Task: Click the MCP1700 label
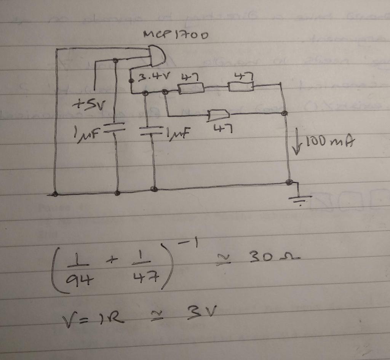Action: click(176, 35)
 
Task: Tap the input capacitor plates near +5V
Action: click(115, 126)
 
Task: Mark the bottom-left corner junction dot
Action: click(55, 194)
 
